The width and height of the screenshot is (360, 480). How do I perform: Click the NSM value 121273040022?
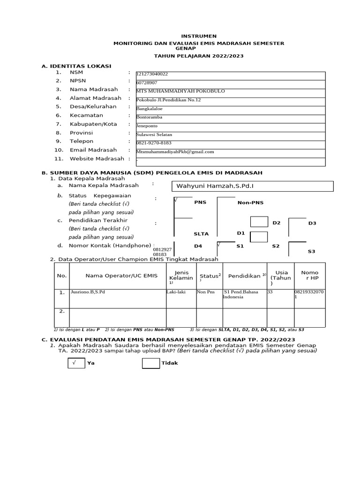152,74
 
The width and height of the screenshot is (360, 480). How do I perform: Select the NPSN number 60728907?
147,82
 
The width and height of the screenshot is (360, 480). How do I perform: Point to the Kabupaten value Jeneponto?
147,126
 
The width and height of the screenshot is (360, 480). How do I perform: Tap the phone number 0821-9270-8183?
154,143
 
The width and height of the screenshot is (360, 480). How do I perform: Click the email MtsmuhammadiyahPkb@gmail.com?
175,152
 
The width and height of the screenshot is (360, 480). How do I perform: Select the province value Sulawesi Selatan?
153,135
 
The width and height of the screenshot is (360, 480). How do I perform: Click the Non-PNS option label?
250,202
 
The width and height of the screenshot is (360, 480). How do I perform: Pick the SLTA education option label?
201,233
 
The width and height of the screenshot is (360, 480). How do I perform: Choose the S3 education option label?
311,252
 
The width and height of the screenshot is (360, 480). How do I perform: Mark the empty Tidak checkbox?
150,363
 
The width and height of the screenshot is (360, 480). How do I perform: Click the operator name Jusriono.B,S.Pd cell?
88,292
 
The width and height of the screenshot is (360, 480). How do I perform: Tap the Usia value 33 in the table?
270,292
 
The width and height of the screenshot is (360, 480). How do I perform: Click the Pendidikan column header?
245,276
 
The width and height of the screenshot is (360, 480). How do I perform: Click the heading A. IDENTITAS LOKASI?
76,66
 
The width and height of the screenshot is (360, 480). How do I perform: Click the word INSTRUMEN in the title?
199,36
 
